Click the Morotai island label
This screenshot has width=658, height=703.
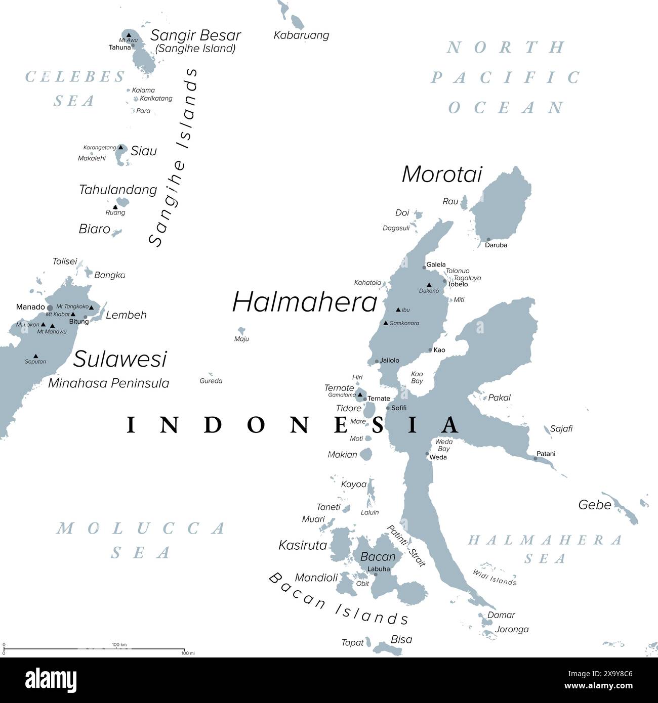click(442, 174)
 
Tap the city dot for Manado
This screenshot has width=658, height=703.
click(50, 307)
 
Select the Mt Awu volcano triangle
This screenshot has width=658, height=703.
click(129, 35)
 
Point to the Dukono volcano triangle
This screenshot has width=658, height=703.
click(429, 285)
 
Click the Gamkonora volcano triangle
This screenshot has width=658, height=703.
click(386, 323)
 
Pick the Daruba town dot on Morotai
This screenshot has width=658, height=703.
click(488, 240)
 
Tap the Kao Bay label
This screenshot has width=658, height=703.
click(417, 377)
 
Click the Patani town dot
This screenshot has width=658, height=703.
click(536, 459)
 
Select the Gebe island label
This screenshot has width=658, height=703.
click(595, 505)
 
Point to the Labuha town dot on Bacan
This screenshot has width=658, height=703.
click(376, 575)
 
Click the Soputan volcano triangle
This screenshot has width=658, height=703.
click(35, 356)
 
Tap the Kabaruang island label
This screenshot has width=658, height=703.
click(301, 35)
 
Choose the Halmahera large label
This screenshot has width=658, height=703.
click(305, 302)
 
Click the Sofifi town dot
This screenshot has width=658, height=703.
click(388, 408)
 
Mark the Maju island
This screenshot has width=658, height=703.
click(241, 331)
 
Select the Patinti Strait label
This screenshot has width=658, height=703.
click(406, 546)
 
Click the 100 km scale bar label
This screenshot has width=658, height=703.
click(119, 644)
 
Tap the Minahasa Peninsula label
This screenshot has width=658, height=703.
click(108, 383)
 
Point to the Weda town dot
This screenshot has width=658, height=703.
click(427, 454)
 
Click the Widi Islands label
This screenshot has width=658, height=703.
click(495, 578)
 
